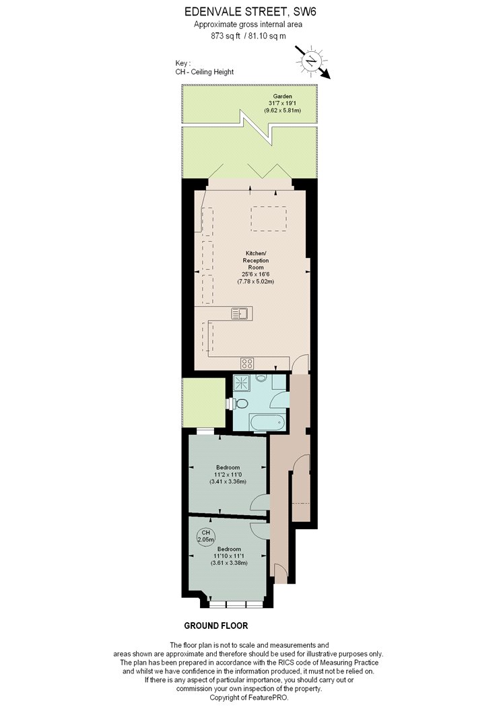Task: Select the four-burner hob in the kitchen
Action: [247, 363]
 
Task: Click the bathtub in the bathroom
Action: [268, 424]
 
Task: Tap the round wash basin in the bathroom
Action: [261, 378]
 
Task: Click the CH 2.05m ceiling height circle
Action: [206, 536]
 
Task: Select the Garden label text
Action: [283, 96]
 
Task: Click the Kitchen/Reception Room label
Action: [256, 260]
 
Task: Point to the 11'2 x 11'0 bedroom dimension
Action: [228, 474]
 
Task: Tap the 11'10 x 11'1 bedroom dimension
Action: [229, 556]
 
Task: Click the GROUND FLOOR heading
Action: [216, 626]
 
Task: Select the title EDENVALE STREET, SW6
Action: [250, 11]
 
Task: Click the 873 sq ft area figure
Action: [226, 36]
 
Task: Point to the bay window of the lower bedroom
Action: [236, 604]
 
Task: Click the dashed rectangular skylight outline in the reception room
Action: [269, 219]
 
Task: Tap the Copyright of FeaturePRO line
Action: [248, 697]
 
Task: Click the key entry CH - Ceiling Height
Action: [205, 71]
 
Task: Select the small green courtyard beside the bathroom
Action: [204, 403]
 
